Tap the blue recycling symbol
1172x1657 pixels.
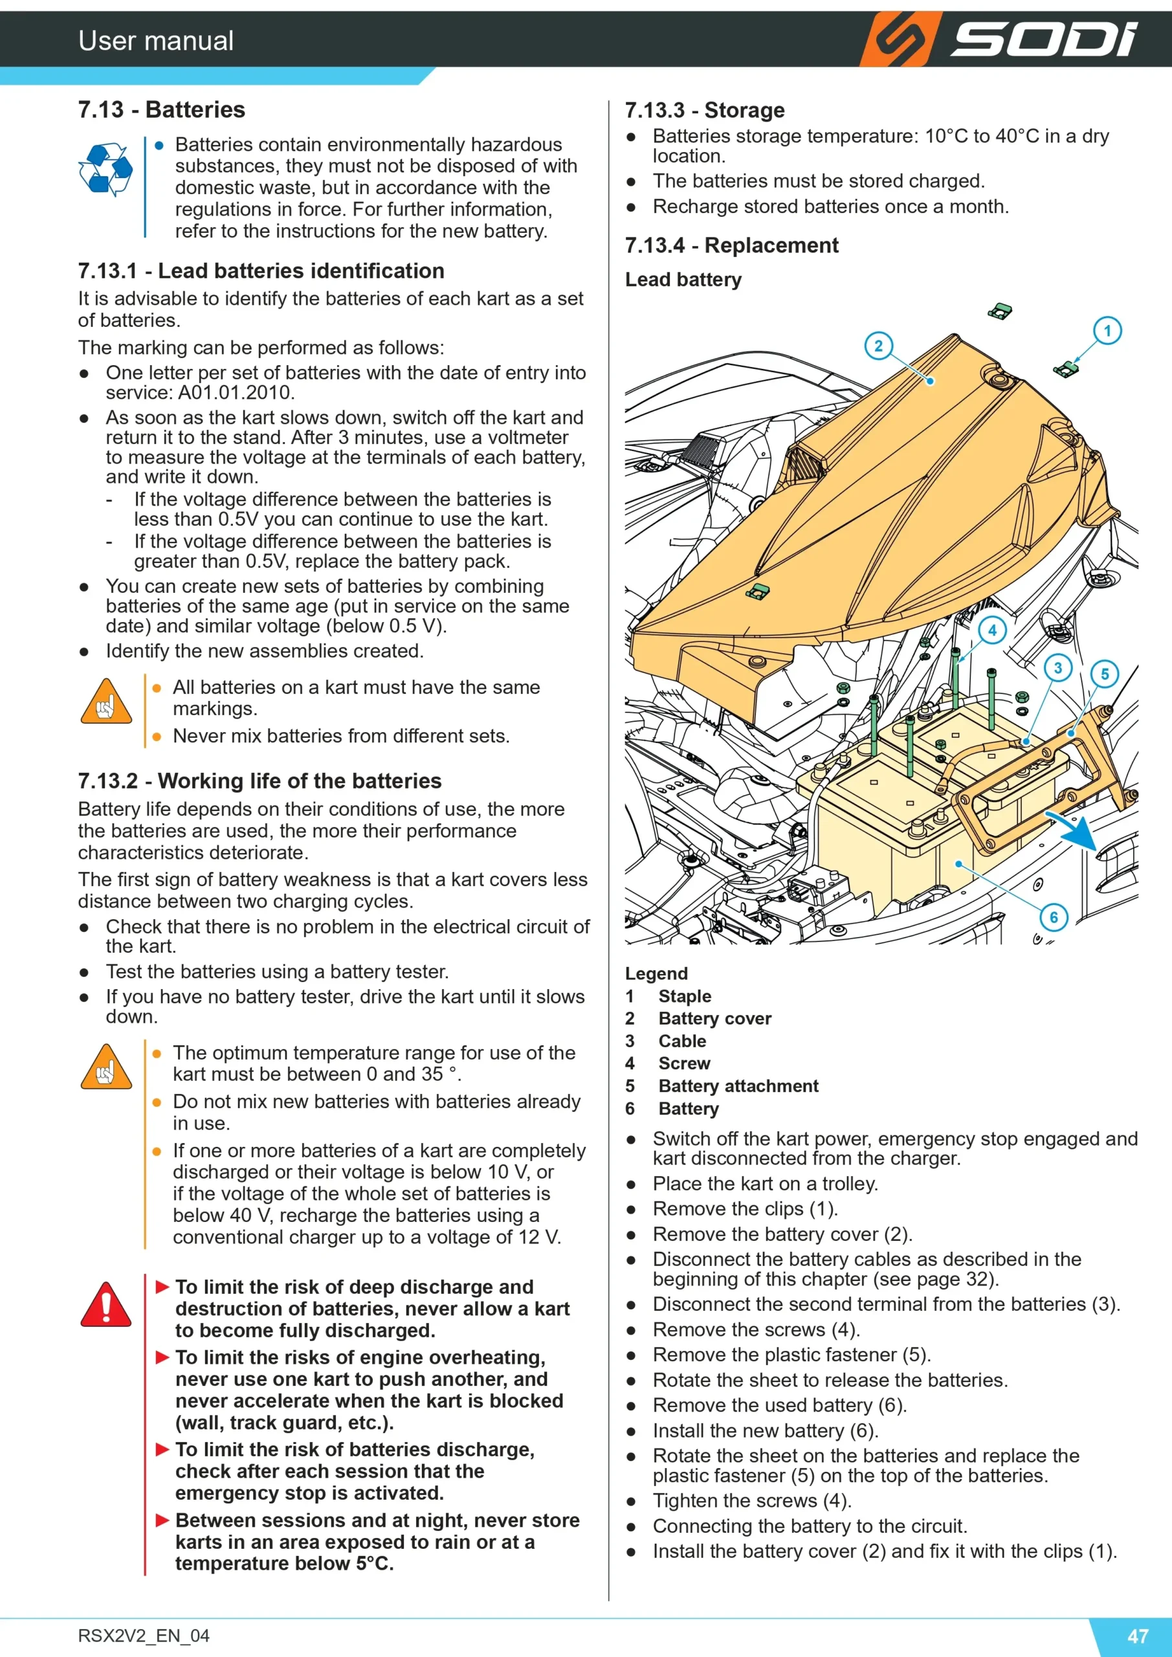tap(105, 170)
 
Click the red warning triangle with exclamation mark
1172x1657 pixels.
tap(106, 1304)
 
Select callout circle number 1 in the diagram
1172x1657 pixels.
tap(1107, 331)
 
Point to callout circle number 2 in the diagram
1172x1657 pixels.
tap(878, 346)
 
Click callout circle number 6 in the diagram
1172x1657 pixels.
tap(1054, 917)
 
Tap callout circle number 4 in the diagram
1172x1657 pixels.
tap(992, 630)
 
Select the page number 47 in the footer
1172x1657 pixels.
tap(1138, 1636)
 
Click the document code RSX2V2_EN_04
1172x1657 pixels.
tap(144, 1636)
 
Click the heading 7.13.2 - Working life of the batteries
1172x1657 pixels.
tap(259, 781)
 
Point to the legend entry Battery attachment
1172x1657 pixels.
tap(738, 1086)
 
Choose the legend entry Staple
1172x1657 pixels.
tap(685, 996)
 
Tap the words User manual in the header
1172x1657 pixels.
tap(156, 40)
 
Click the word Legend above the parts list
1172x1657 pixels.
tap(656, 973)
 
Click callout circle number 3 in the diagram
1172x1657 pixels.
tap(1057, 668)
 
